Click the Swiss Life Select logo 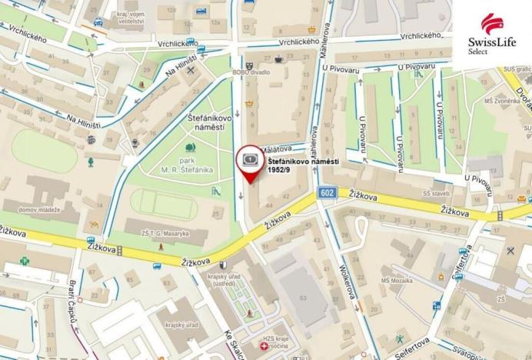(x=491, y=34)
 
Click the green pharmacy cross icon (x=24, y=259)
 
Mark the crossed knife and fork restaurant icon (x=510, y=250)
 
